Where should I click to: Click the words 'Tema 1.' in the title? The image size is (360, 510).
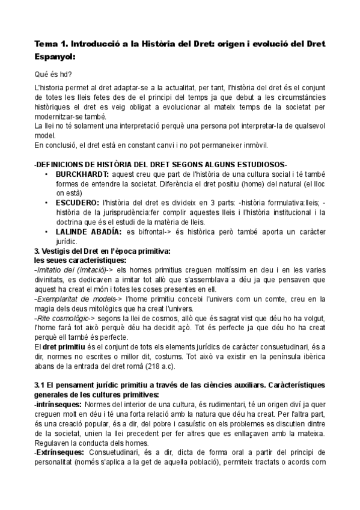coord(51,43)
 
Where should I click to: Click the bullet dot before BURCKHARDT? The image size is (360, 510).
coord(47,173)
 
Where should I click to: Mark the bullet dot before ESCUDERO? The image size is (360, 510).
coord(47,203)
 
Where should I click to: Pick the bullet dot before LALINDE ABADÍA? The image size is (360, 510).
coord(47,232)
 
